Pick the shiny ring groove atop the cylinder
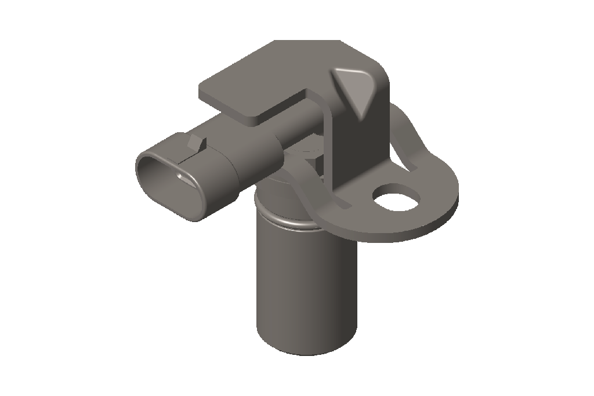coord(290,223)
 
